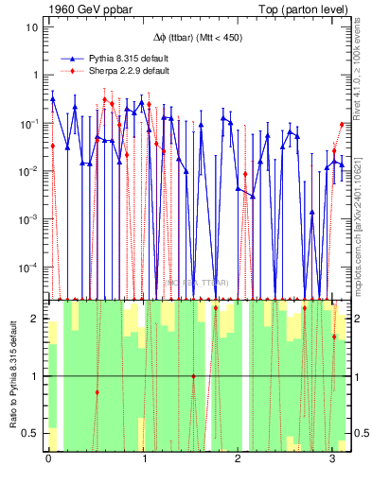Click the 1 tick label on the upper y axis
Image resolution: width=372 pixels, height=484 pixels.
click(x=34, y=75)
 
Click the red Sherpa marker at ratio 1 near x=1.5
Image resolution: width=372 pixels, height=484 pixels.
click(x=194, y=376)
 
